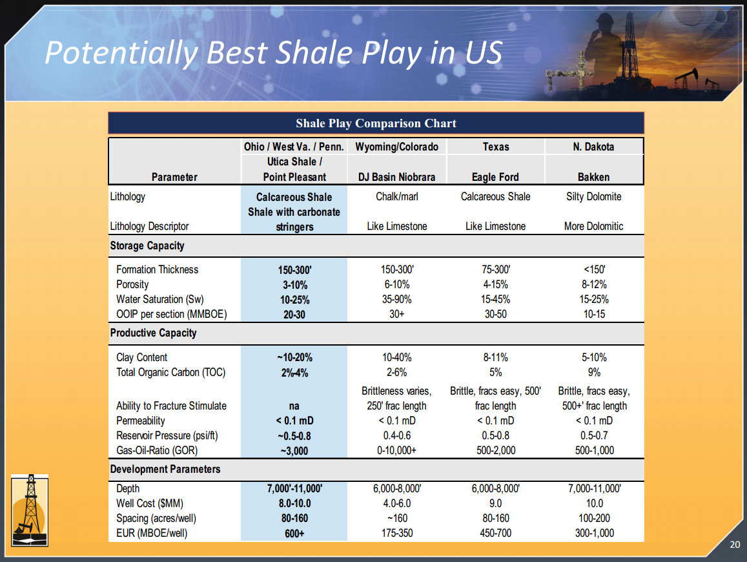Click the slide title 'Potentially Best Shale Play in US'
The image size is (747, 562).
[x=274, y=52]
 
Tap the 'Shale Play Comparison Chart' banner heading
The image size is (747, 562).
[x=376, y=123]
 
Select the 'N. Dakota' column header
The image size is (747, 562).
[x=593, y=147]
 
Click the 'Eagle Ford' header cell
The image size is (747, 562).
[x=495, y=178]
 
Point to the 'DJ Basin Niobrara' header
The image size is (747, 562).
[x=397, y=178]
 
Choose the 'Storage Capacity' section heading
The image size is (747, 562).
[x=147, y=245]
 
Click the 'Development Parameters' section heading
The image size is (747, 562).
[x=165, y=469]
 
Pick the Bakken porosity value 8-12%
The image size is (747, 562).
[x=594, y=285]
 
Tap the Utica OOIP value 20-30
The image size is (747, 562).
[x=294, y=315]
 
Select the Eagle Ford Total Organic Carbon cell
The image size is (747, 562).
[x=495, y=372]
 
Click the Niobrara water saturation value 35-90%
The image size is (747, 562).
[x=397, y=299]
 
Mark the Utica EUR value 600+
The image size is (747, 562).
[x=294, y=534]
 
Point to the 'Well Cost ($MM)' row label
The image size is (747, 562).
[x=150, y=503]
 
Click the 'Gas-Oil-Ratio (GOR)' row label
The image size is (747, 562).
[x=157, y=450]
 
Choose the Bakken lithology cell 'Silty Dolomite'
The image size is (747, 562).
[x=593, y=196]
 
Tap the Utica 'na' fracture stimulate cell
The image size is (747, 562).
[x=294, y=406]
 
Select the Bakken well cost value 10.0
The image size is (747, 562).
[x=595, y=503]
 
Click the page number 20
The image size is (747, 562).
[x=735, y=545]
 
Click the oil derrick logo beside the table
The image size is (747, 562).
[x=30, y=510]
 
